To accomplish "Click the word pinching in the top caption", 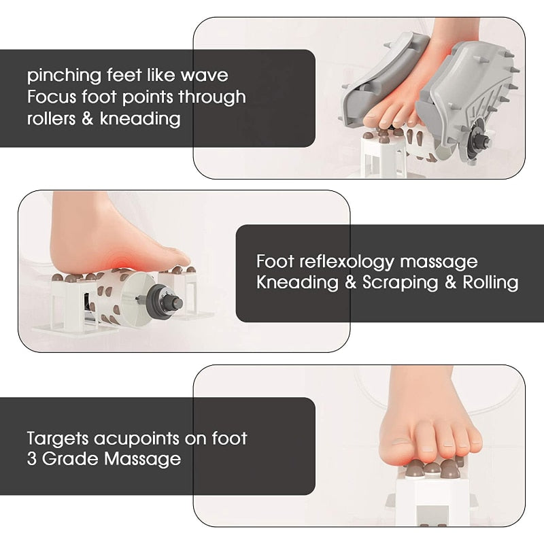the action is coord(64,76).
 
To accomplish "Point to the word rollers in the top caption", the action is coord(52,118).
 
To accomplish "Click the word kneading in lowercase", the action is coord(140,119).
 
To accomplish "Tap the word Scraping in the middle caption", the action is coord(401,283).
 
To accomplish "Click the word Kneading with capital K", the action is coord(297,283).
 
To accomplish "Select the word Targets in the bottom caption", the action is coord(58,439).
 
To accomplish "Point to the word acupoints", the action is coord(137,439).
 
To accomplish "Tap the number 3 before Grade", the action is coord(31,459).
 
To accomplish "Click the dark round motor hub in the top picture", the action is coord(477,141).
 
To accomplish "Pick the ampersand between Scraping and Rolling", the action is coord(450,283).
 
